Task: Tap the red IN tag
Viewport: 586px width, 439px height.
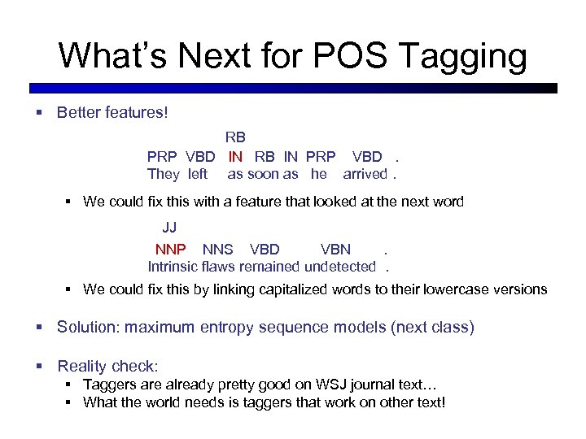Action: pyautogui.click(x=235, y=156)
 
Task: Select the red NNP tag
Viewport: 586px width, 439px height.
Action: pyautogui.click(x=171, y=249)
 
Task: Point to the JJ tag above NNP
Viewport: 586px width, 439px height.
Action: pyautogui.click(x=169, y=227)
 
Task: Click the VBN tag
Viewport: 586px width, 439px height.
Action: pyautogui.click(x=335, y=249)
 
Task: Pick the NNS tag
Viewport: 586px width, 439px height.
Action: pyautogui.click(x=217, y=249)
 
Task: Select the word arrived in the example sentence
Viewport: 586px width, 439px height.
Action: pyautogui.click(x=365, y=173)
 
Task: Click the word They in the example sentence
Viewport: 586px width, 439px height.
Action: pyautogui.click(x=164, y=173)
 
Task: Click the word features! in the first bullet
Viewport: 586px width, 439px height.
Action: pyautogui.click(x=137, y=113)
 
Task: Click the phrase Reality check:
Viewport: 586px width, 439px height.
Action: pyautogui.click(x=108, y=367)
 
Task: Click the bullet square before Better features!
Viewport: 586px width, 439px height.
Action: pyautogui.click(x=39, y=113)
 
